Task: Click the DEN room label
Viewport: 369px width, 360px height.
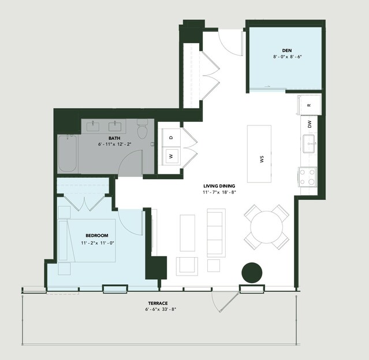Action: tap(287, 50)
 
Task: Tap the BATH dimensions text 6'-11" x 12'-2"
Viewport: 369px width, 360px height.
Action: tap(114, 144)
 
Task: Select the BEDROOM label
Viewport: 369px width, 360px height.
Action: tap(97, 235)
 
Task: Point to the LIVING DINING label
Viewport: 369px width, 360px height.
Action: tap(219, 186)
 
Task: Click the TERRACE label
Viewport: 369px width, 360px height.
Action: tap(158, 303)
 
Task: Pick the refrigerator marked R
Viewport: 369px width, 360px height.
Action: tap(309, 105)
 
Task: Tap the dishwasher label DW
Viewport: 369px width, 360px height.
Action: tap(310, 124)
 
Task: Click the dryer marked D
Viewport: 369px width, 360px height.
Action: tap(172, 138)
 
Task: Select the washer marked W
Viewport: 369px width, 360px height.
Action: tap(172, 156)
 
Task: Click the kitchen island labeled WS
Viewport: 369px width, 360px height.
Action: tap(259, 154)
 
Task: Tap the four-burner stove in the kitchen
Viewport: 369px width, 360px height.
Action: tap(307, 177)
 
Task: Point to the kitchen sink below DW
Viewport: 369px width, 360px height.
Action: tap(309, 144)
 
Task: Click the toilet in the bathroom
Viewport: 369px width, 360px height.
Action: tap(142, 129)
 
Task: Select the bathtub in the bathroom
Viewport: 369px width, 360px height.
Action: tap(68, 153)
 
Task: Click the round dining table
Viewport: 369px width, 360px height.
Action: tap(266, 227)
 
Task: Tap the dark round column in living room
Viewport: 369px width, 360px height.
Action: tap(252, 273)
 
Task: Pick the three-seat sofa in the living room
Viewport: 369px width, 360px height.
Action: tap(216, 233)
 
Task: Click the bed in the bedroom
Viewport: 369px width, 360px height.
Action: tap(87, 240)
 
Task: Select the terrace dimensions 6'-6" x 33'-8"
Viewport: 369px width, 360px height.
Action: tap(161, 309)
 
